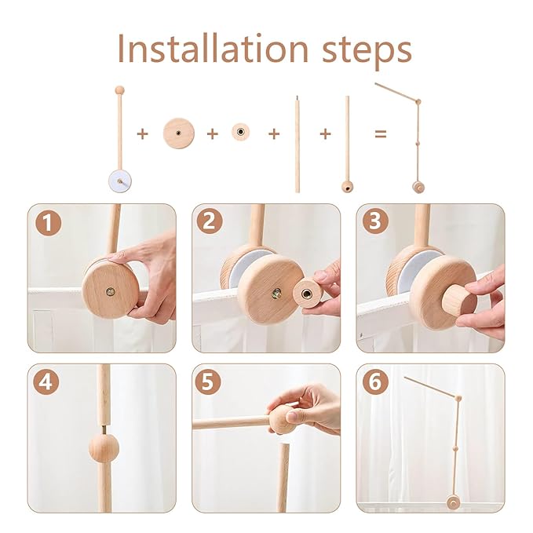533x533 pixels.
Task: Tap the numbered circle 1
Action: pos(49,224)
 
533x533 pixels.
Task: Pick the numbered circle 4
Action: pos(49,385)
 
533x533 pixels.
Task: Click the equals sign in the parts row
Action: pos(381,134)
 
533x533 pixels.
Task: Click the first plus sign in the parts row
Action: pos(142,134)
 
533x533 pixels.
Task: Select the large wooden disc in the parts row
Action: pos(178,133)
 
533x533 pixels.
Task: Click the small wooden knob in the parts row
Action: pos(240,133)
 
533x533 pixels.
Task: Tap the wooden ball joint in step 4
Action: pos(103,447)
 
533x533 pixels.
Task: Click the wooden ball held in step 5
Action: pos(282,419)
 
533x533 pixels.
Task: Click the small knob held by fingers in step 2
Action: pos(307,293)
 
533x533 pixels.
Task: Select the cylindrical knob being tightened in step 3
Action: pos(458,300)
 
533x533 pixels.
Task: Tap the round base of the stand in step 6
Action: pos(453,502)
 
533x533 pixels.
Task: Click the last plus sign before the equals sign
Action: pos(325,134)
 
